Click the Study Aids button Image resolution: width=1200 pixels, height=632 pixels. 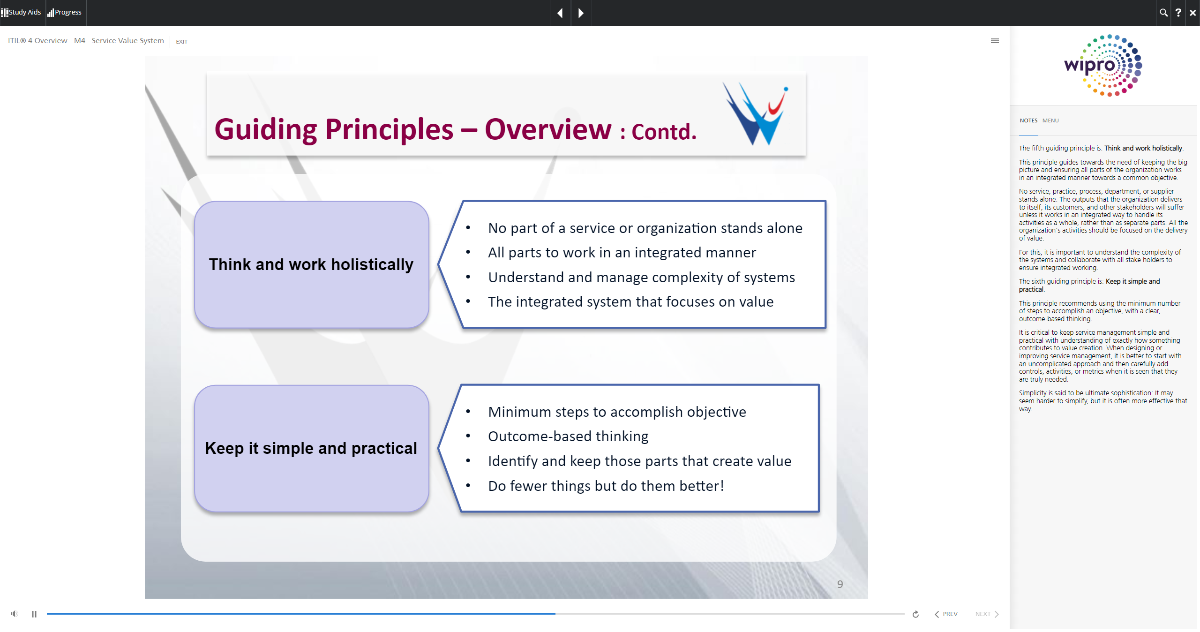click(21, 12)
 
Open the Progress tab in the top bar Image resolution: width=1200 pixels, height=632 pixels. click(65, 12)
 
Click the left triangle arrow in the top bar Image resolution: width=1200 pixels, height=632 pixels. click(560, 13)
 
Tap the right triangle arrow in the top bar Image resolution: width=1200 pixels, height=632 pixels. click(581, 13)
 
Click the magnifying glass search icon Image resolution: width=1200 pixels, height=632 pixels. click(1163, 13)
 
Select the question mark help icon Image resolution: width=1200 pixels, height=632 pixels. click(1178, 13)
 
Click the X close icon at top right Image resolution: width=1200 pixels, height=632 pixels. click(1193, 13)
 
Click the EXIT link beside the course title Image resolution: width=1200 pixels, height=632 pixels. click(181, 42)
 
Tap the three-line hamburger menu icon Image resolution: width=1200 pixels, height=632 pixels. click(995, 41)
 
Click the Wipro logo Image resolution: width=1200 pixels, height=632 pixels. click(1103, 66)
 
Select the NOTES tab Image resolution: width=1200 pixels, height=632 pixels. click(1028, 120)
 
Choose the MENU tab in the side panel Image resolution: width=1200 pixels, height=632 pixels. click(1050, 120)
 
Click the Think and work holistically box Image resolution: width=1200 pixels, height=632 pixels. click(311, 264)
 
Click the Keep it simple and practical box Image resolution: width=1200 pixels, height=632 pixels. click(311, 448)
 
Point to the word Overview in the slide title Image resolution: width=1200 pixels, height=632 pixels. click(548, 129)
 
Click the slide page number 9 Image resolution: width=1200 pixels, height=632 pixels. click(840, 584)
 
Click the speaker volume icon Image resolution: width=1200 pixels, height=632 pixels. click(15, 614)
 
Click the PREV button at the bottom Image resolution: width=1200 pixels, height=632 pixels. click(946, 614)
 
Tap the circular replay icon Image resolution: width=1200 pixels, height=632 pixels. click(915, 614)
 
